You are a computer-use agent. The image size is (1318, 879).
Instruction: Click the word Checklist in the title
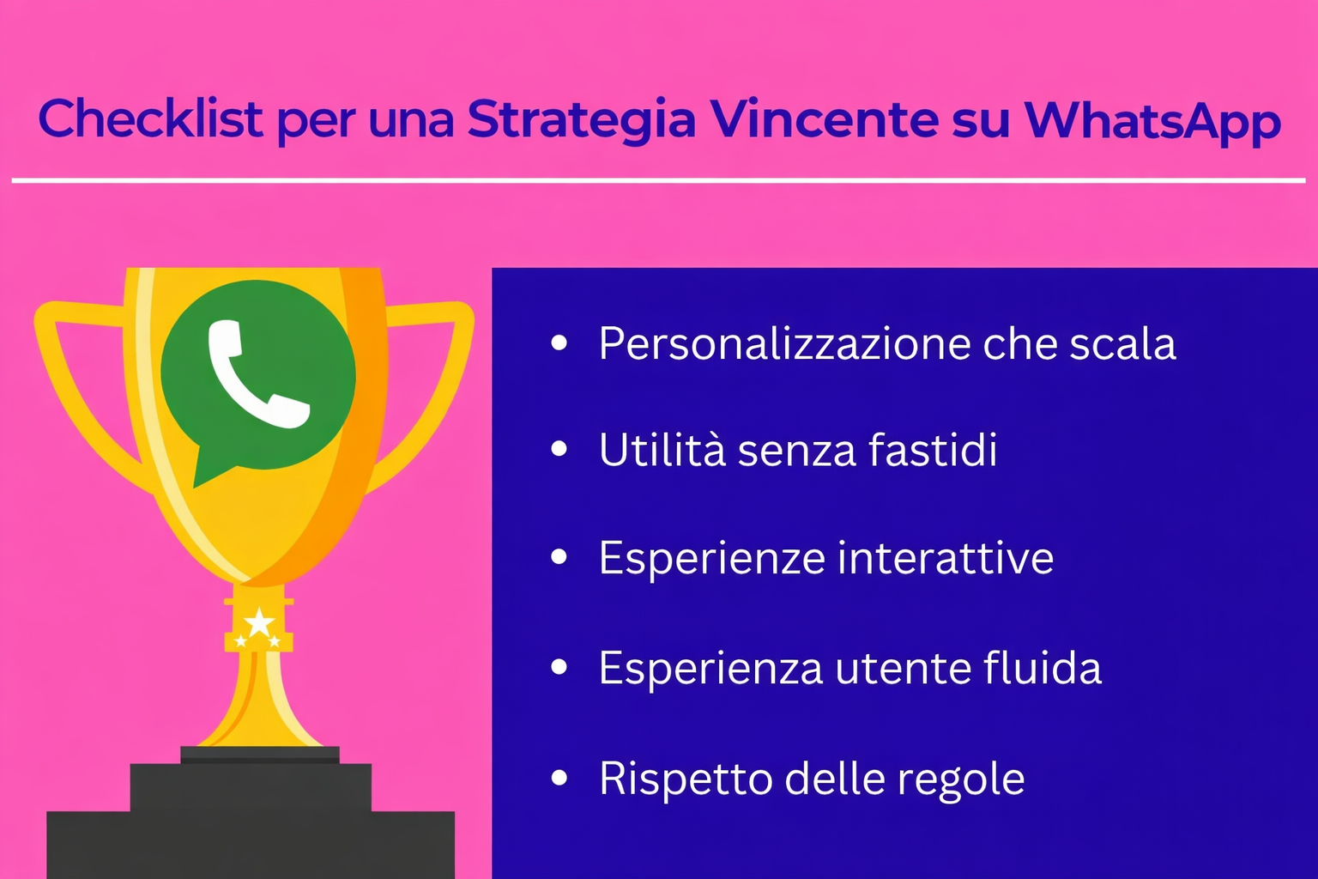(x=150, y=118)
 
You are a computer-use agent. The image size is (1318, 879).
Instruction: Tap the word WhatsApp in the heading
(x=1152, y=120)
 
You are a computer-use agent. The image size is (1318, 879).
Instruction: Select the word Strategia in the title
(x=581, y=120)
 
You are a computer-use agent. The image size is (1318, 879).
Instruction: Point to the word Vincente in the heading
(x=824, y=118)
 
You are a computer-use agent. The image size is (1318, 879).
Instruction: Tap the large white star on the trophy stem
(x=259, y=622)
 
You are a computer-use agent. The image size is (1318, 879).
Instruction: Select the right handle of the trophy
(x=429, y=386)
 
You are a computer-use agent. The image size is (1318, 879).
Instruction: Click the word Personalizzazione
(x=783, y=344)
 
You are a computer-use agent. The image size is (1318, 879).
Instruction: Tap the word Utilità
(x=662, y=450)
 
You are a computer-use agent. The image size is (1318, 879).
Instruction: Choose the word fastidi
(x=933, y=450)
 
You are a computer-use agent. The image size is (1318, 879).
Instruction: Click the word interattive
(x=945, y=558)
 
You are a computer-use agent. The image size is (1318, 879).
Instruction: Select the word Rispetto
(x=686, y=779)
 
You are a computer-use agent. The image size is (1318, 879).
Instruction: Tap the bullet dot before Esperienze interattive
(x=559, y=558)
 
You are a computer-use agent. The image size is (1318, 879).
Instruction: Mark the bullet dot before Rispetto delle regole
(x=559, y=779)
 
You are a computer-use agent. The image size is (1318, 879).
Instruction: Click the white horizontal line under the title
(x=659, y=180)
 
